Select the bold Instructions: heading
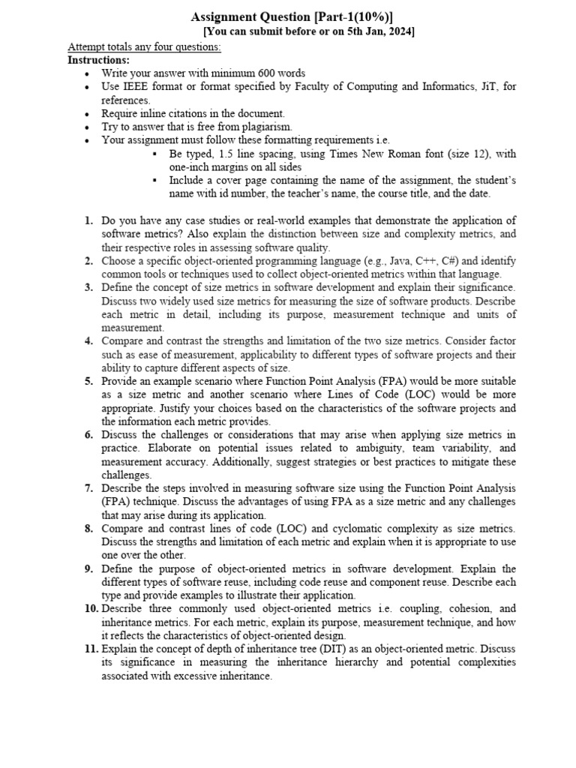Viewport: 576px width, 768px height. [x=98, y=60]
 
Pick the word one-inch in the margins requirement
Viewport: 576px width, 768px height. [x=190, y=167]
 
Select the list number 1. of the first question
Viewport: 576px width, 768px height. [x=88, y=221]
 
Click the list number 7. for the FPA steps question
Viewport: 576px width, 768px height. [x=88, y=489]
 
